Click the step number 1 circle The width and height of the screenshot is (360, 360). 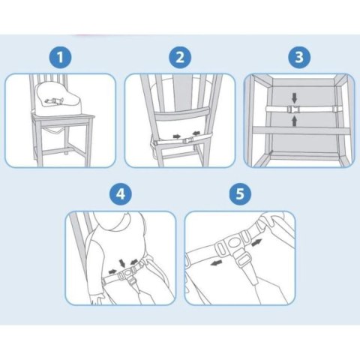[60, 57]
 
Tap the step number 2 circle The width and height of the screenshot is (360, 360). [180, 57]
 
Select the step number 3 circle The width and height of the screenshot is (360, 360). [299, 57]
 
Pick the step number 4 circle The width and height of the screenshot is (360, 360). [121, 193]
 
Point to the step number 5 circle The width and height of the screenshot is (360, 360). [240, 193]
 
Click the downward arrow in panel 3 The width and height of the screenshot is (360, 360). [295, 97]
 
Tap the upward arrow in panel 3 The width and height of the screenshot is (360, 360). [295, 121]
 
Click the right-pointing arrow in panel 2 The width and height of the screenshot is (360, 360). [177, 136]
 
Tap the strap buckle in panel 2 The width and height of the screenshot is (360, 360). [188, 140]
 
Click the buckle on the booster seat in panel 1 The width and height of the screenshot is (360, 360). [54, 101]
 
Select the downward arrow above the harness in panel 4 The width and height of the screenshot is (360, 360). [122, 263]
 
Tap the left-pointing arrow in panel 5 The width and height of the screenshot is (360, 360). [216, 262]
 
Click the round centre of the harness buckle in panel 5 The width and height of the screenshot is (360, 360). [234, 243]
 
